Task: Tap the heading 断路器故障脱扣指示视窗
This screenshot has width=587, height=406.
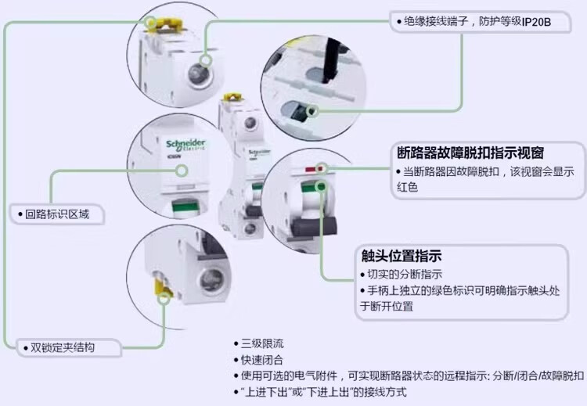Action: click(x=470, y=152)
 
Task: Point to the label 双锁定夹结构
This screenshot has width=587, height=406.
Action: click(x=62, y=346)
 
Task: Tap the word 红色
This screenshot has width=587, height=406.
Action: click(x=409, y=188)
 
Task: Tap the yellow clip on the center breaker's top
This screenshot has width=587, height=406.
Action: click(x=231, y=99)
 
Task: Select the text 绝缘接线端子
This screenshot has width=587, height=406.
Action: click(x=434, y=23)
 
